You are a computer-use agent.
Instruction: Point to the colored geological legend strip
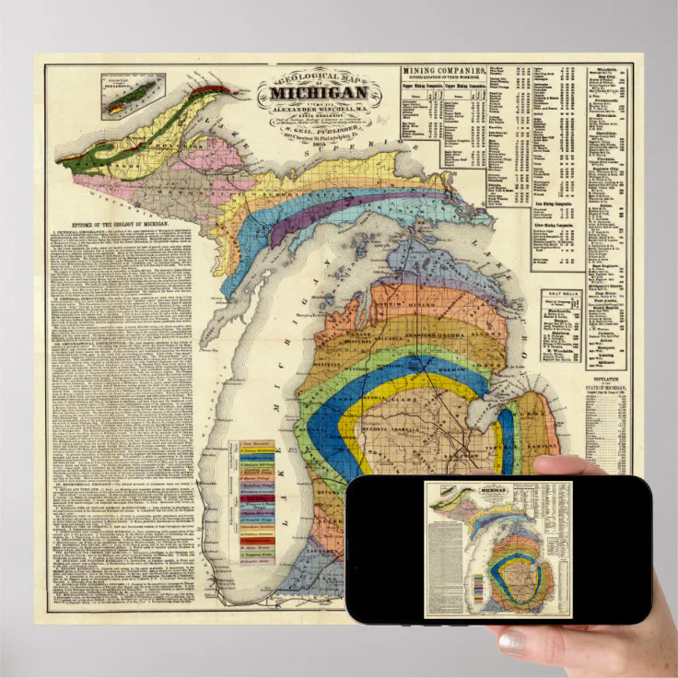click(258, 503)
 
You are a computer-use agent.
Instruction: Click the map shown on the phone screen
click(498, 549)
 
